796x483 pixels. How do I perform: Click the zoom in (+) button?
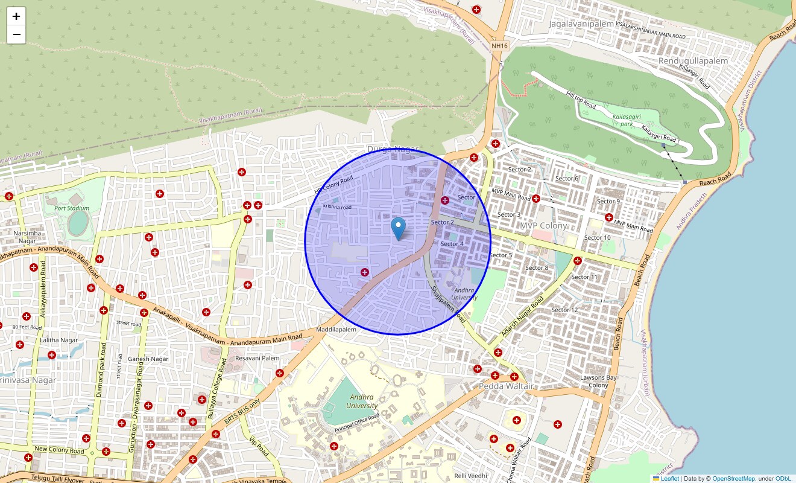click(x=16, y=16)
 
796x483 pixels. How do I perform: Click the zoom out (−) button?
click(x=16, y=34)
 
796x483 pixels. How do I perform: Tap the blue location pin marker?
click(x=398, y=229)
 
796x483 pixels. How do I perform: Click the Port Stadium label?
click(x=72, y=208)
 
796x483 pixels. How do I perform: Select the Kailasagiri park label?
click(x=627, y=120)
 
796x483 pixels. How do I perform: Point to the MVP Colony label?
click(x=543, y=226)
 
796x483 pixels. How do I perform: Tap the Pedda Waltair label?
click(x=504, y=386)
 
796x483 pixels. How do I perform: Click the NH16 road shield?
click(x=499, y=45)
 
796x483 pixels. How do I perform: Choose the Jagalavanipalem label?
click(x=581, y=24)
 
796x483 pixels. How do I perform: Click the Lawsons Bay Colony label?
click(x=598, y=382)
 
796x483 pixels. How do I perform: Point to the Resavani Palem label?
click(x=257, y=358)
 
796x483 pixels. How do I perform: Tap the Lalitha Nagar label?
click(x=59, y=340)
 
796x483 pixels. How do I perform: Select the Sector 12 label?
click(x=564, y=310)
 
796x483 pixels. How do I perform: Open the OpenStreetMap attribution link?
click(x=733, y=479)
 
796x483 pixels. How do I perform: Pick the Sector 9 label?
click(x=608, y=202)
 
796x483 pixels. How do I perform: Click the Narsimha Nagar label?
click(x=27, y=237)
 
